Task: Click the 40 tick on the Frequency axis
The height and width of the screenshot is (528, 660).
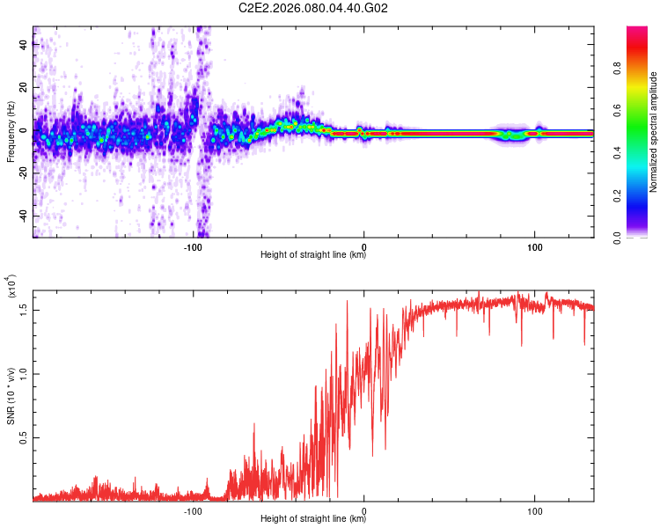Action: pos(24,45)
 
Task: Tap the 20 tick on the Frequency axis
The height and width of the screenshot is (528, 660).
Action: pos(24,88)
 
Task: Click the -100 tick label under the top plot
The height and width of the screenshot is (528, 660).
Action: pos(194,248)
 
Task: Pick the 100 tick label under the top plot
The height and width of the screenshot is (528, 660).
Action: pos(534,248)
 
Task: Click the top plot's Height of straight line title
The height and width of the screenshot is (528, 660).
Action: pos(313,256)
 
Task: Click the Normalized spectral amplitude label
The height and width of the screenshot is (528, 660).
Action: pos(654,132)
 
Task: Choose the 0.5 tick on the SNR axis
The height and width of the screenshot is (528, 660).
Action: pos(24,437)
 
